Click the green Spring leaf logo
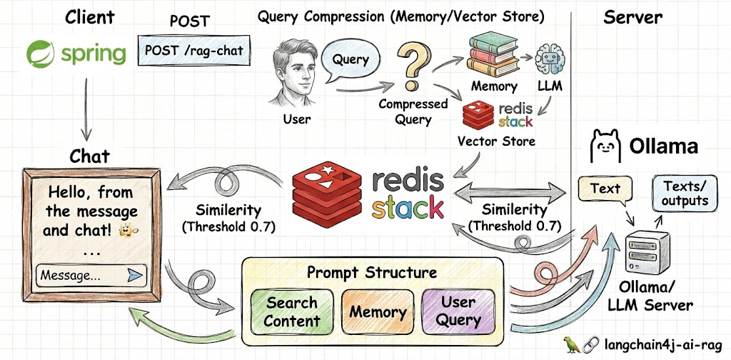tap(41, 54)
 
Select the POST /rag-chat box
tap(194, 50)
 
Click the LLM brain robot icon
tap(550, 61)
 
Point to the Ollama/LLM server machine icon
tap(648, 252)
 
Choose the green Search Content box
tap(292, 311)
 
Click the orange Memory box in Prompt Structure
tap(378, 311)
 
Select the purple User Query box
tap(459, 311)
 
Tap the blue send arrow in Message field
tap(135, 275)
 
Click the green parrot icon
tap(572, 344)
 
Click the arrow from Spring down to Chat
tap(86, 109)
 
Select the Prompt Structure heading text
tap(372, 272)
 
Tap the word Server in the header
tap(632, 18)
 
